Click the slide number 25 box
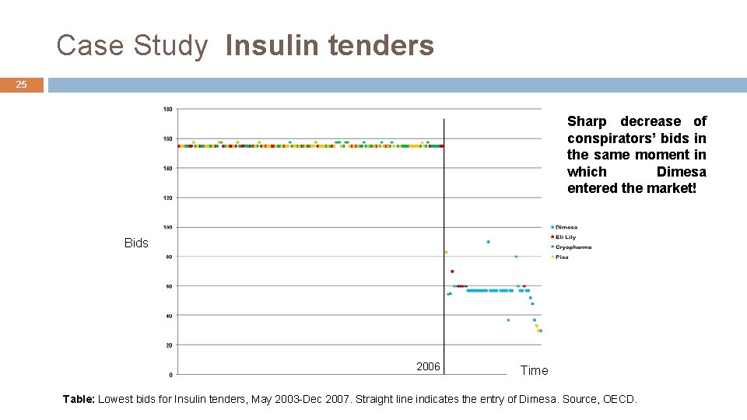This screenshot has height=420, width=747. [x=22, y=85]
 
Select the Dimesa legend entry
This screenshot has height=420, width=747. [x=566, y=227]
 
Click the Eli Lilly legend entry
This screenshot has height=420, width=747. [x=565, y=237]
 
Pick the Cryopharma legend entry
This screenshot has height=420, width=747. [x=573, y=247]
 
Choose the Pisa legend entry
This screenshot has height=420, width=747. [x=562, y=257]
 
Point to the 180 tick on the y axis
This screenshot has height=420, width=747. [x=168, y=109]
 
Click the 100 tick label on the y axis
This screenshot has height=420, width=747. [x=168, y=227]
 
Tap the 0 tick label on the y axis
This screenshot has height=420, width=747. [x=170, y=374]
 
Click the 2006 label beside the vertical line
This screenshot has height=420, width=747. [x=428, y=366]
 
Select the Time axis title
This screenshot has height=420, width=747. [x=534, y=371]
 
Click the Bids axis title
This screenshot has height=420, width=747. [x=136, y=243]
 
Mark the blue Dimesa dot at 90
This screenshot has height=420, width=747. [x=489, y=242]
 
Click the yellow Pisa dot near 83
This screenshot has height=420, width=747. [x=446, y=252]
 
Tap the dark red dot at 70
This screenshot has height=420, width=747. [x=452, y=271]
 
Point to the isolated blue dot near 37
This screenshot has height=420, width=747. [x=508, y=320]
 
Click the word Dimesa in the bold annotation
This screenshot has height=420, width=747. [x=681, y=172]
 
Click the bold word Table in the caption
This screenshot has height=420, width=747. [x=78, y=399]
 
